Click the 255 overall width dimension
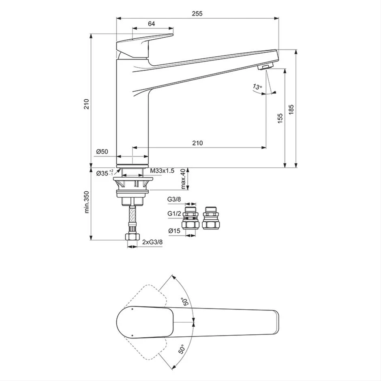(x=197, y=13)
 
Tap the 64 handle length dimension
(x=151, y=24)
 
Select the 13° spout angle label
(x=257, y=87)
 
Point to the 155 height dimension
(x=280, y=118)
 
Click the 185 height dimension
(x=291, y=109)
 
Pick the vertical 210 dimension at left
(x=86, y=105)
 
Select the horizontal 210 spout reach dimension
(x=197, y=143)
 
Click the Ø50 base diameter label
(x=102, y=152)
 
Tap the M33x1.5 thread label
(x=162, y=171)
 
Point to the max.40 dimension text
(x=183, y=179)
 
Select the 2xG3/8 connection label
(x=152, y=242)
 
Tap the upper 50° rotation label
(x=185, y=301)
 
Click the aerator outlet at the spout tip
(x=266, y=66)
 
